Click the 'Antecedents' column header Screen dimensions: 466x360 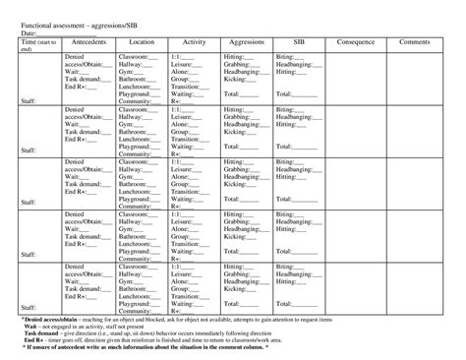click(x=88, y=43)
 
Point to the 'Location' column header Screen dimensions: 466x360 click(x=142, y=43)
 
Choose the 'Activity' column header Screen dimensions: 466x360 click(x=194, y=43)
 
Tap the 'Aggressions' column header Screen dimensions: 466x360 click(x=246, y=43)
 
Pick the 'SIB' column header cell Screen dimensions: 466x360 click(x=298, y=43)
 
